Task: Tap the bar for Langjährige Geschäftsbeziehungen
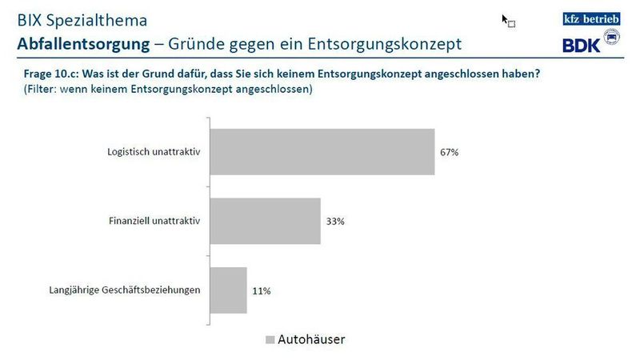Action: (228, 290)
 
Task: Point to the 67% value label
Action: (449, 151)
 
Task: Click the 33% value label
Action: (334, 221)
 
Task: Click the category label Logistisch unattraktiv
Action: (153, 151)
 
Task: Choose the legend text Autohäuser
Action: (311, 340)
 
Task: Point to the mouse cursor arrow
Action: (506, 18)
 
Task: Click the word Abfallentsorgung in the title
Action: (77, 42)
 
